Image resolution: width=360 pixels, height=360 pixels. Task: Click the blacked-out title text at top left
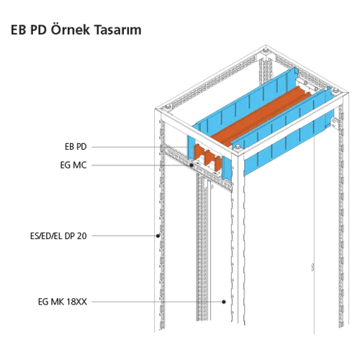tap(78, 30)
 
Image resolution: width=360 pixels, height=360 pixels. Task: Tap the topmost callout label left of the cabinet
tap(71, 145)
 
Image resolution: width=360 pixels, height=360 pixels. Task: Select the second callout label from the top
tap(75, 167)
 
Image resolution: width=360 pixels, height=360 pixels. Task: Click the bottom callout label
tap(63, 297)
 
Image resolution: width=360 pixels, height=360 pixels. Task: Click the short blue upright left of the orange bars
tap(189, 147)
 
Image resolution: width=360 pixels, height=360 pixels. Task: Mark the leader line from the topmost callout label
tap(115, 145)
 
